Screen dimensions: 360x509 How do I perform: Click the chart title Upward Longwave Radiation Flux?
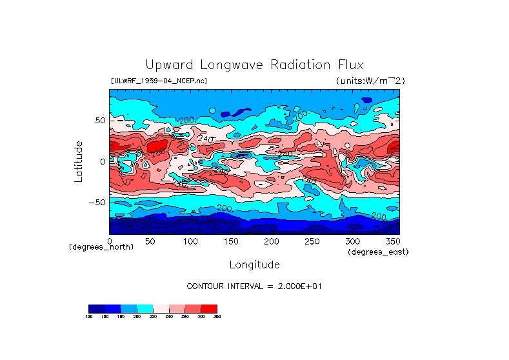[x=254, y=65]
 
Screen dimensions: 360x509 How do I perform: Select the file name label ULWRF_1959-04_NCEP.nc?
[x=159, y=81]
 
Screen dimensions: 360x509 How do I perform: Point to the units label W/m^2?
[x=370, y=81]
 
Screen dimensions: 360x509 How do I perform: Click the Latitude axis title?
[x=79, y=161]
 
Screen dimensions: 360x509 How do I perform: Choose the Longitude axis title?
[x=254, y=265]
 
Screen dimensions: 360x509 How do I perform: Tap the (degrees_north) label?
[x=101, y=247]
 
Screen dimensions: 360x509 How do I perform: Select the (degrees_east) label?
[x=378, y=252]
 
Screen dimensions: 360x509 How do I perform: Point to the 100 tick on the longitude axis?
[x=190, y=241]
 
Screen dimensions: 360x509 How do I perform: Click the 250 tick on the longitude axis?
[x=311, y=241]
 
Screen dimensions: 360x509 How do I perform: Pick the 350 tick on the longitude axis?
[x=392, y=241]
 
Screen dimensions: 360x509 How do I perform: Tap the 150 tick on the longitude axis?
[x=230, y=241]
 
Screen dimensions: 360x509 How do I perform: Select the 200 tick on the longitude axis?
[x=270, y=241]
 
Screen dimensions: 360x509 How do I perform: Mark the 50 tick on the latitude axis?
[x=99, y=121]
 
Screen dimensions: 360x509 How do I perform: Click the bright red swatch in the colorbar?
[x=209, y=308]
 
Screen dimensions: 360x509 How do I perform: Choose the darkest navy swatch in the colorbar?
[x=96, y=308]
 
